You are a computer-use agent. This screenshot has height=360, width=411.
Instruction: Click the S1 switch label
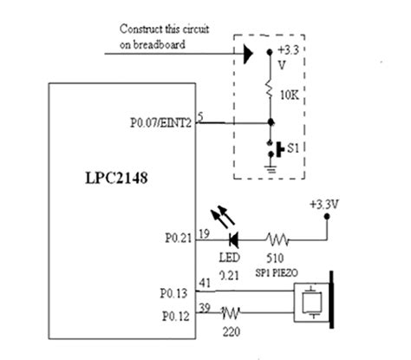point(295,150)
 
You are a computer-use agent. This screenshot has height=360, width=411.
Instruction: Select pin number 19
point(204,232)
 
